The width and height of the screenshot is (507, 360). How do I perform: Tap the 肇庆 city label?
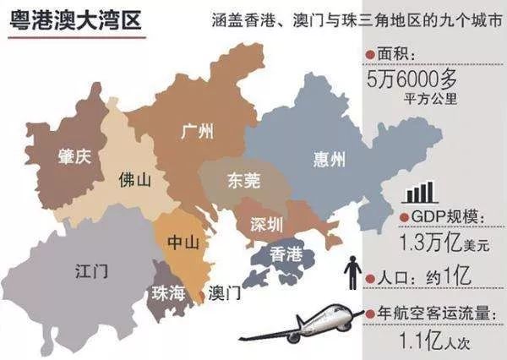tap(74, 156)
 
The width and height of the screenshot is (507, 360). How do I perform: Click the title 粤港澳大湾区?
tap(73, 18)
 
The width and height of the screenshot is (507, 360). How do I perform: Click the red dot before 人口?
tap(369, 276)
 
